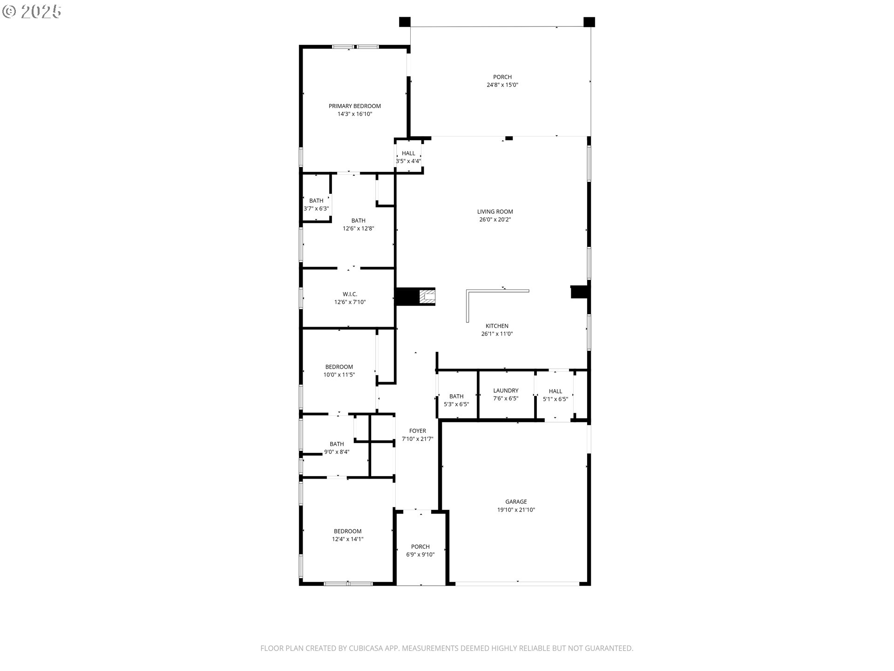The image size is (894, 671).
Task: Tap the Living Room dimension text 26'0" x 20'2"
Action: click(x=495, y=219)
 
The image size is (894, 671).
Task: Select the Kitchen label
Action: click(x=497, y=326)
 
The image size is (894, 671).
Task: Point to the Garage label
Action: click(x=516, y=502)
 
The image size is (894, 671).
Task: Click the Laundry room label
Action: click(x=506, y=390)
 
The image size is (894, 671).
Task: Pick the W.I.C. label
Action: click(x=350, y=294)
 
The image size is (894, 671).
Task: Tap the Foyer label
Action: click(x=418, y=431)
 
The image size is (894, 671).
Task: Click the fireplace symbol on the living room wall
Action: click(x=427, y=297)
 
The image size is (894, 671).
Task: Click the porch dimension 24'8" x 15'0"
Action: click(x=502, y=85)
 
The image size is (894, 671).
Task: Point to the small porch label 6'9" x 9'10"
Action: click(x=420, y=555)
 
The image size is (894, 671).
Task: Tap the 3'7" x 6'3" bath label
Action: click(x=316, y=209)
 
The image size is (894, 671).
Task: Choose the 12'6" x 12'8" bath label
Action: click(x=359, y=228)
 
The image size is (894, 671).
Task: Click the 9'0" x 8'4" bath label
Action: click(x=337, y=452)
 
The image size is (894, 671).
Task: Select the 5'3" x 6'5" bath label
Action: click(x=456, y=404)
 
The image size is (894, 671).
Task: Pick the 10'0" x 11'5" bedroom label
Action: click(x=339, y=375)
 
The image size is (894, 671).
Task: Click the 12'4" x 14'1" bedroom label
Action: click(x=347, y=539)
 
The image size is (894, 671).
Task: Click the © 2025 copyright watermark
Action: click(x=32, y=12)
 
